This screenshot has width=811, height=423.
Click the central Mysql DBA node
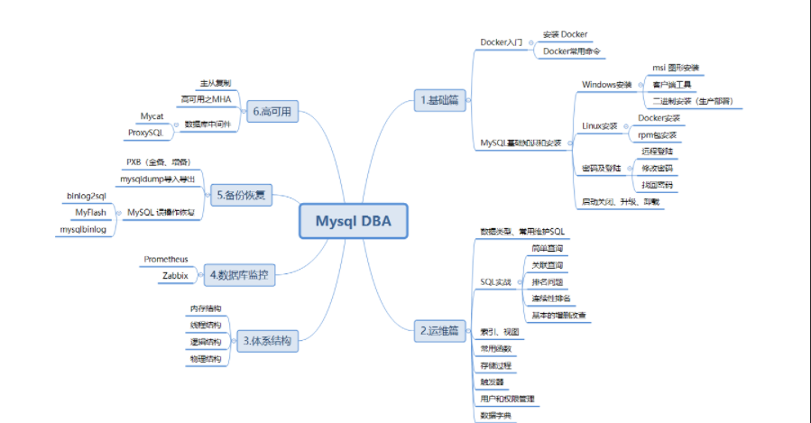[353, 220]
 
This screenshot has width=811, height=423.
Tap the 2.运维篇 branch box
[440, 331]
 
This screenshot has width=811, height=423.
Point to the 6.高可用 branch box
[271, 112]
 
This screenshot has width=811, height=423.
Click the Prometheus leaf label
[166, 260]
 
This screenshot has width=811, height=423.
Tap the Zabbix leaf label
[175, 275]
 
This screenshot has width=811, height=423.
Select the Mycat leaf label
[152, 116]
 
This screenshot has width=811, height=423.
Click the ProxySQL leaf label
[144, 133]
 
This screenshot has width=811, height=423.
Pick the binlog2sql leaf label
[87, 195]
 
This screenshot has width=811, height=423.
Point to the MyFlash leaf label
[90, 212]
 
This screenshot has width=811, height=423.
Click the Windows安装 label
[607, 84]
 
